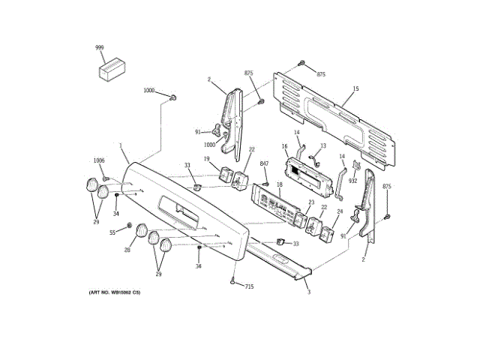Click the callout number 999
pyautogui.click(x=100, y=47)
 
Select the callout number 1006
pyautogui.click(x=99, y=160)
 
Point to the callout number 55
pyautogui.click(x=113, y=232)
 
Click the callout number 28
pyautogui.click(x=127, y=250)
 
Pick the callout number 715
pyautogui.click(x=249, y=287)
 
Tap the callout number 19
pyautogui.click(x=206, y=158)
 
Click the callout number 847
pyautogui.click(x=264, y=163)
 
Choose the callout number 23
pyautogui.click(x=310, y=202)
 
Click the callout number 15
pyautogui.click(x=355, y=89)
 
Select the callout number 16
pyautogui.click(x=285, y=146)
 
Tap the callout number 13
pyautogui.click(x=323, y=146)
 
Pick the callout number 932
pyautogui.click(x=352, y=181)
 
